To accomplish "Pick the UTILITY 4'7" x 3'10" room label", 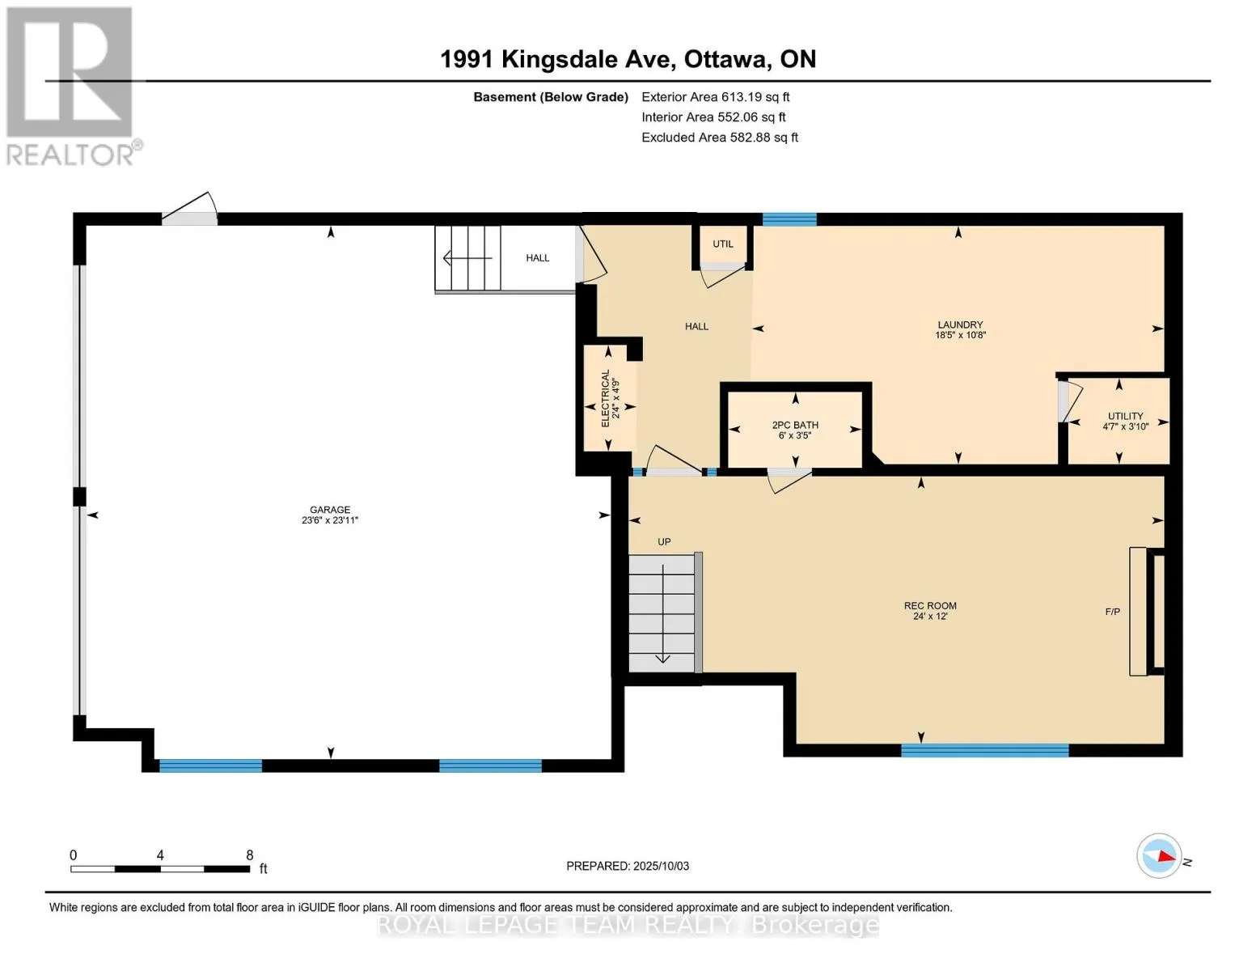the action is pyautogui.click(x=1125, y=421).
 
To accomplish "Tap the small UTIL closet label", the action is pyautogui.click(x=722, y=244).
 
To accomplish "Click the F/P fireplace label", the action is pyautogui.click(x=1112, y=611).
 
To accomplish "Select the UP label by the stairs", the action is pyautogui.click(x=663, y=542).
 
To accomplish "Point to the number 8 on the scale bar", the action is pyautogui.click(x=250, y=855).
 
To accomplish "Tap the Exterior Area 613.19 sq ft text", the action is pyautogui.click(x=715, y=97).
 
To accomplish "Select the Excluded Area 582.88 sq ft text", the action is pyautogui.click(x=720, y=138).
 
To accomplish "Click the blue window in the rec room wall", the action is pyautogui.click(x=984, y=751).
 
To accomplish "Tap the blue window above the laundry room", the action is pyautogui.click(x=789, y=219).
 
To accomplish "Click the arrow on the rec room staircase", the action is pyautogui.click(x=662, y=613).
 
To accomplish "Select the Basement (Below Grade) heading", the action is pyautogui.click(x=550, y=97).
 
